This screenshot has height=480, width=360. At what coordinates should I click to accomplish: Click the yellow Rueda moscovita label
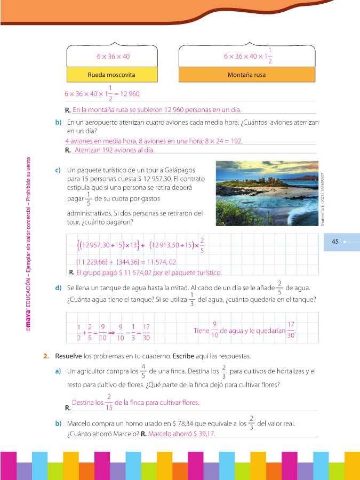111,75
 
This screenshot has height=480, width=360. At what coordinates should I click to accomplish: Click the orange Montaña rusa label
246,75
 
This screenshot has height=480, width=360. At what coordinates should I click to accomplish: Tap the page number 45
335,242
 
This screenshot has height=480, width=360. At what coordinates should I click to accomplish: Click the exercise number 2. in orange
46,356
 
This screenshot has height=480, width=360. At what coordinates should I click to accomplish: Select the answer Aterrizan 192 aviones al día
114,150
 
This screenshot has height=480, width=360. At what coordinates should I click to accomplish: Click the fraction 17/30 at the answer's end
291,331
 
